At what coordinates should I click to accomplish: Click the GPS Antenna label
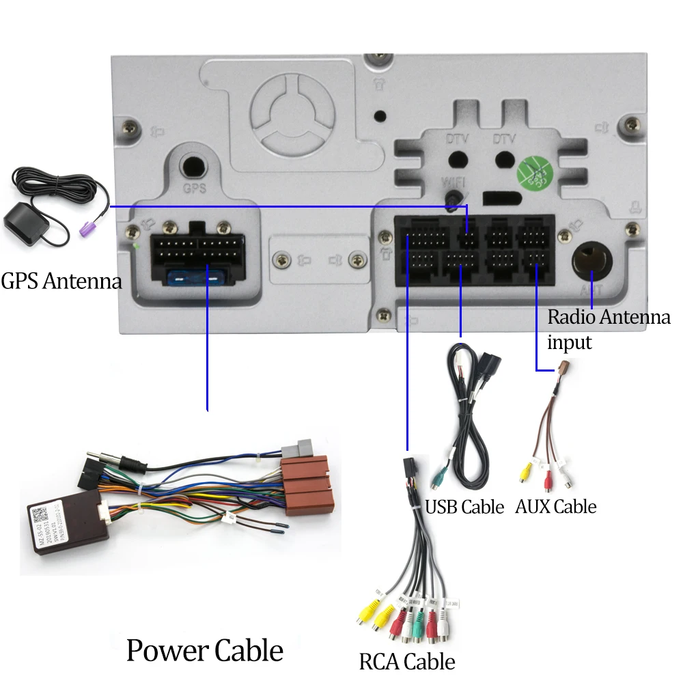pyautogui.click(x=61, y=281)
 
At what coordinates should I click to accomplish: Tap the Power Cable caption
pyautogui.click(x=204, y=650)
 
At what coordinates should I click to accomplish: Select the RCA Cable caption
pyautogui.click(x=406, y=661)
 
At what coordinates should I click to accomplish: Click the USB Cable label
pyautogui.click(x=464, y=507)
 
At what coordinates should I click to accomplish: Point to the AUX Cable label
pyautogui.click(x=555, y=507)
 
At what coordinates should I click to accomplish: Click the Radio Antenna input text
pyautogui.click(x=609, y=329)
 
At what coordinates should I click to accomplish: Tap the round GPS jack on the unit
pyautogui.click(x=194, y=166)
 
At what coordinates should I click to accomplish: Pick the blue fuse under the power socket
pyautogui.click(x=197, y=279)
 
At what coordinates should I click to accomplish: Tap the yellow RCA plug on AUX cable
pyautogui.click(x=526, y=472)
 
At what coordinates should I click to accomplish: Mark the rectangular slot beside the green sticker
pyautogui.click(x=499, y=198)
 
